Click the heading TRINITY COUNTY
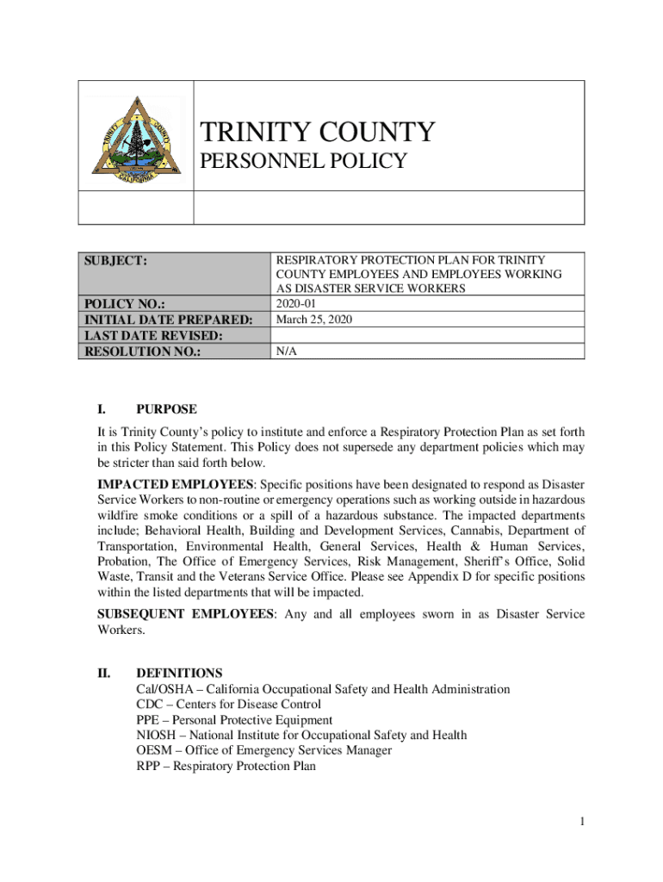317,133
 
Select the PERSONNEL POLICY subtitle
302,161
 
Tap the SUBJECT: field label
115,259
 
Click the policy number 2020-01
295,304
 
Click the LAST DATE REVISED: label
152,335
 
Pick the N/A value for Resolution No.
286,351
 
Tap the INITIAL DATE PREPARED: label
167,320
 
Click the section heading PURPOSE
166,409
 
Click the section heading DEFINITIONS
179,673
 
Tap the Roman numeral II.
104,673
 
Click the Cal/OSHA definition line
323,689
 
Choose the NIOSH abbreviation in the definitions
154,735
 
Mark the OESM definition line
263,750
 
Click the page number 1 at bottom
582,822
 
